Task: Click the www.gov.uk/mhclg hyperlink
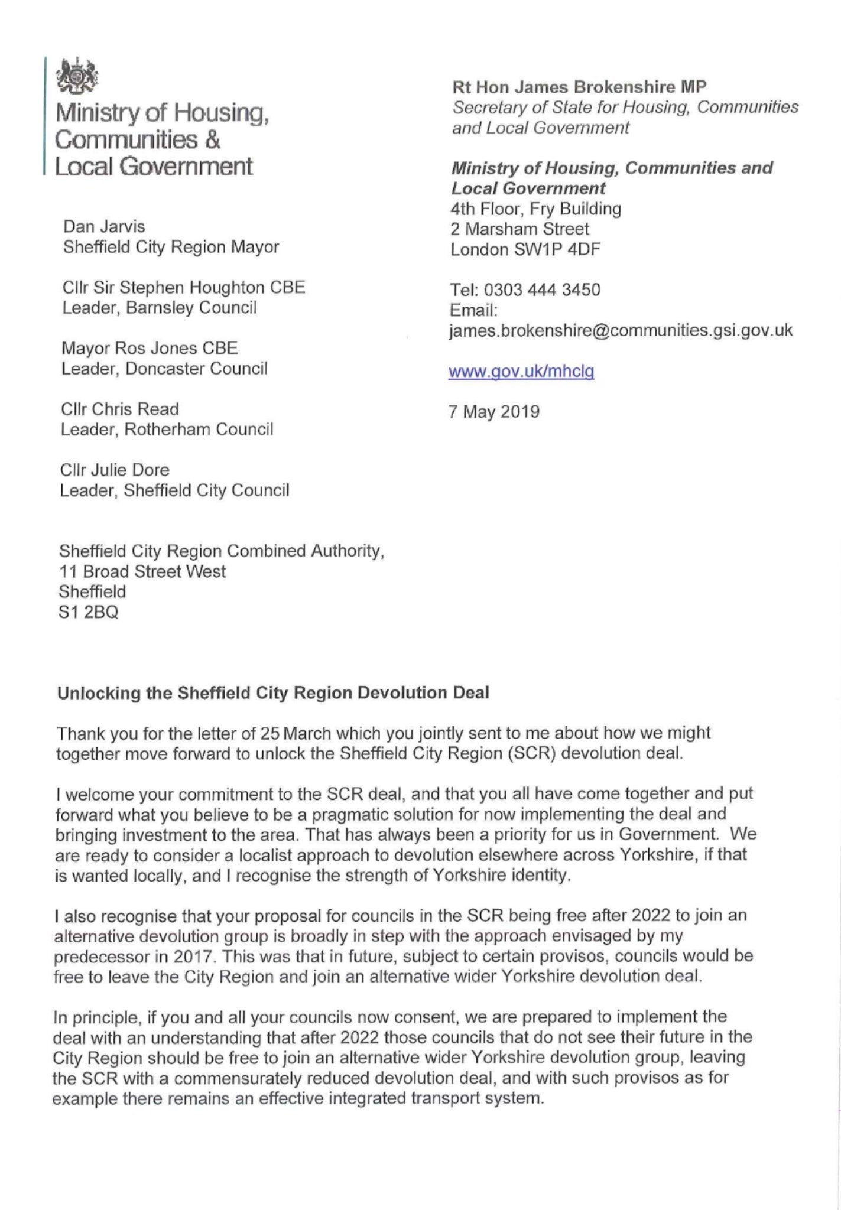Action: (x=521, y=372)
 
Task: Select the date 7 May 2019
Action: (x=494, y=411)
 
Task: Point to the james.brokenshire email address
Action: (x=621, y=330)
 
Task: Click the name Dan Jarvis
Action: (x=104, y=227)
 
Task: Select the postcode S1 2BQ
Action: (x=89, y=612)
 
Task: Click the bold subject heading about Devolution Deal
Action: (x=273, y=692)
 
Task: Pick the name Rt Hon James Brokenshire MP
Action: (x=579, y=87)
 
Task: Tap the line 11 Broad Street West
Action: (x=142, y=571)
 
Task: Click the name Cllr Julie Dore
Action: (x=115, y=470)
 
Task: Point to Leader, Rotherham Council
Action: (x=167, y=430)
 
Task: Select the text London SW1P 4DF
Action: (x=525, y=249)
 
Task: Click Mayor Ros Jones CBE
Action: (x=150, y=348)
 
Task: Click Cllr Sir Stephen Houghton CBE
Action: (x=183, y=288)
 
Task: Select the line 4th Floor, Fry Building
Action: (x=535, y=209)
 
